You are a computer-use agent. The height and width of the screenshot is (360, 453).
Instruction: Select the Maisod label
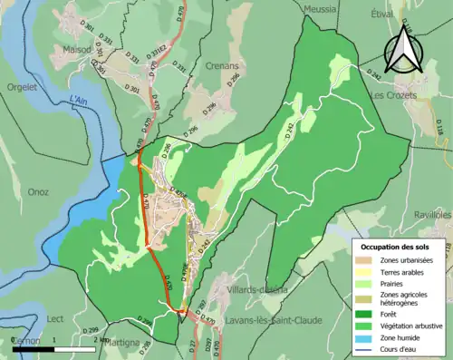coord(78,50)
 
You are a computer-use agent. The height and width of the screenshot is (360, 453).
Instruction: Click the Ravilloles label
coord(432,216)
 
